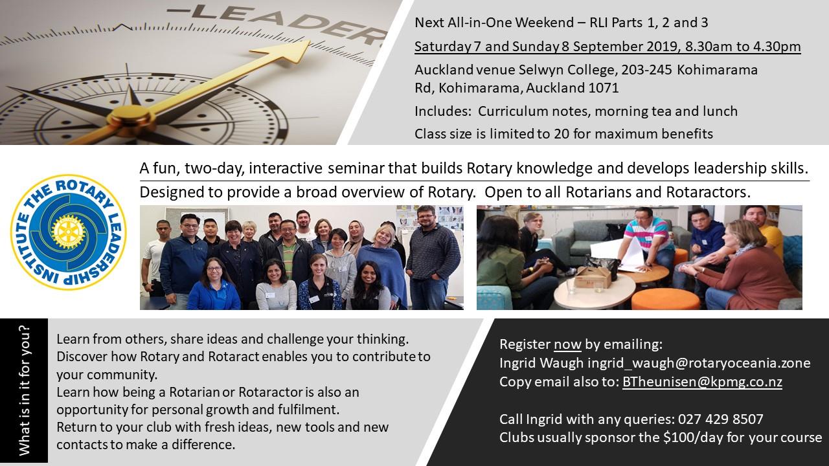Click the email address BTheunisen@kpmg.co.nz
tap(702, 382)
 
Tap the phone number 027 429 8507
tap(721, 419)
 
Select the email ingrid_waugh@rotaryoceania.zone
tap(699, 363)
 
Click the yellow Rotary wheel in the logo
tap(69, 232)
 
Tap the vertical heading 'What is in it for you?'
tap(24, 390)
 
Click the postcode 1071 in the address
tap(602, 88)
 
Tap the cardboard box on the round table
tap(592, 278)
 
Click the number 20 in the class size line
tap(562, 134)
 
